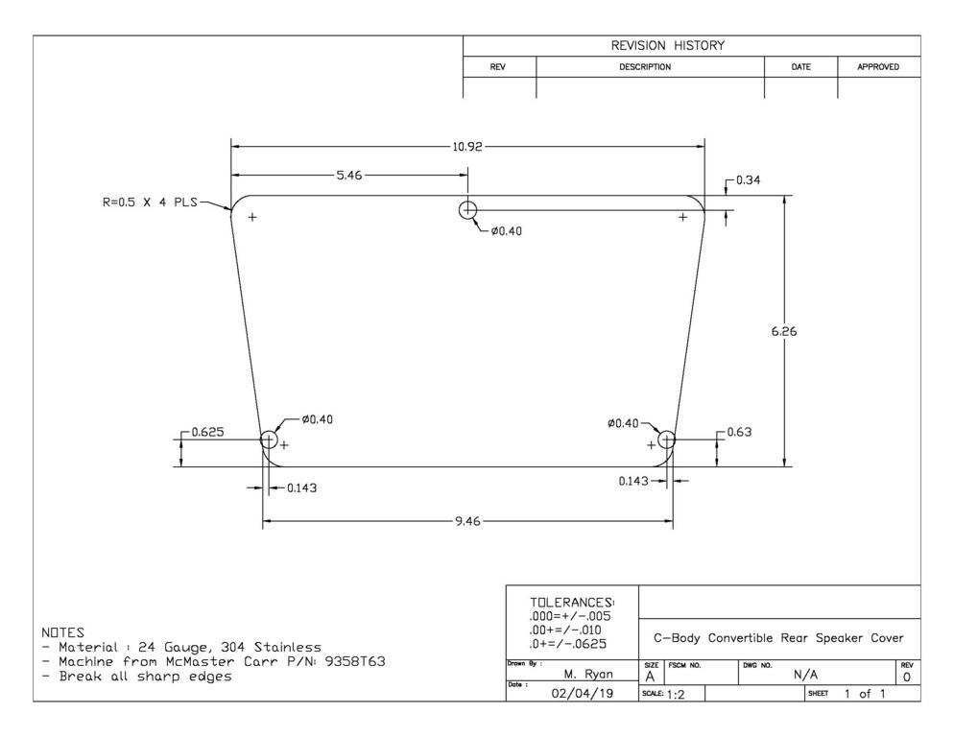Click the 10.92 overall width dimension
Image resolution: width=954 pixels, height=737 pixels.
pyautogui.click(x=466, y=147)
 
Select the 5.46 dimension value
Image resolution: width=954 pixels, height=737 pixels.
pyautogui.click(x=346, y=176)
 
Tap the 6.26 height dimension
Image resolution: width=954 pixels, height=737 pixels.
pyautogui.click(x=785, y=332)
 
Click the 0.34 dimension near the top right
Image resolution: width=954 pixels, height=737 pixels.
pyautogui.click(x=748, y=180)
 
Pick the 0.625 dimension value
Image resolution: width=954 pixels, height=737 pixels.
pyautogui.click(x=207, y=432)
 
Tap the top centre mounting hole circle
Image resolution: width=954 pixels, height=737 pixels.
pyautogui.click(x=467, y=210)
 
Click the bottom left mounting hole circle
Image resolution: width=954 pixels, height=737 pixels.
pyautogui.click(x=269, y=440)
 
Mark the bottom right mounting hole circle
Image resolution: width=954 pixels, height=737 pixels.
pyautogui.click(x=666, y=440)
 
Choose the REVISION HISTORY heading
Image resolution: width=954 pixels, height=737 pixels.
pyautogui.click(x=668, y=46)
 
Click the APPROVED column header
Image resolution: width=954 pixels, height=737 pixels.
pyautogui.click(x=878, y=67)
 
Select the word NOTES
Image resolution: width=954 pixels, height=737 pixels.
pyautogui.click(x=62, y=633)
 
